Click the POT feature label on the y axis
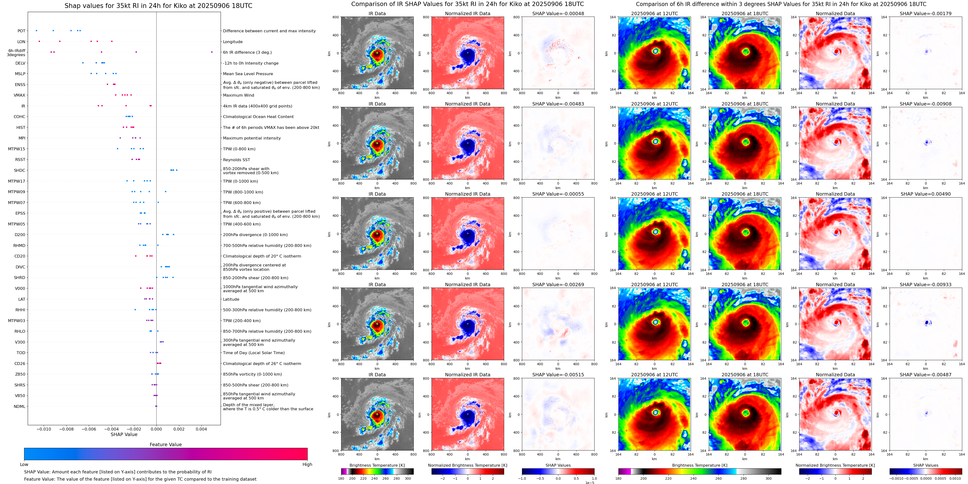pyautogui.click(x=21, y=31)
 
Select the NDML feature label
pyautogui.click(x=20, y=406)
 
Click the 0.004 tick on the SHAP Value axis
pyautogui.click(x=201, y=429)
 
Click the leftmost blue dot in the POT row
pyautogui.click(x=36, y=30)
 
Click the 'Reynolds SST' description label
pyautogui.click(x=236, y=159)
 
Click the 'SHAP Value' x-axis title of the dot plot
pyautogui.click(x=124, y=434)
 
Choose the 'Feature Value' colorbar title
pyautogui.click(x=166, y=444)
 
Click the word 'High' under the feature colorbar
pyautogui.click(x=307, y=464)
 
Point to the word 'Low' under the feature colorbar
pyautogui.click(x=24, y=464)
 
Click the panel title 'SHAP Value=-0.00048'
pyautogui.click(x=558, y=13)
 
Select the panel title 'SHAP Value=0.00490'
pyautogui.click(x=926, y=194)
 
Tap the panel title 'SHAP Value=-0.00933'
pyautogui.click(x=926, y=285)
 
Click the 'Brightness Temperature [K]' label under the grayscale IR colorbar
pyautogui.click(x=377, y=465)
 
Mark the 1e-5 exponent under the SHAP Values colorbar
pyautogui.click(x=589, y=483)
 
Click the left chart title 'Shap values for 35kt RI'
pyautogui.click(x=158, y=6)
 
